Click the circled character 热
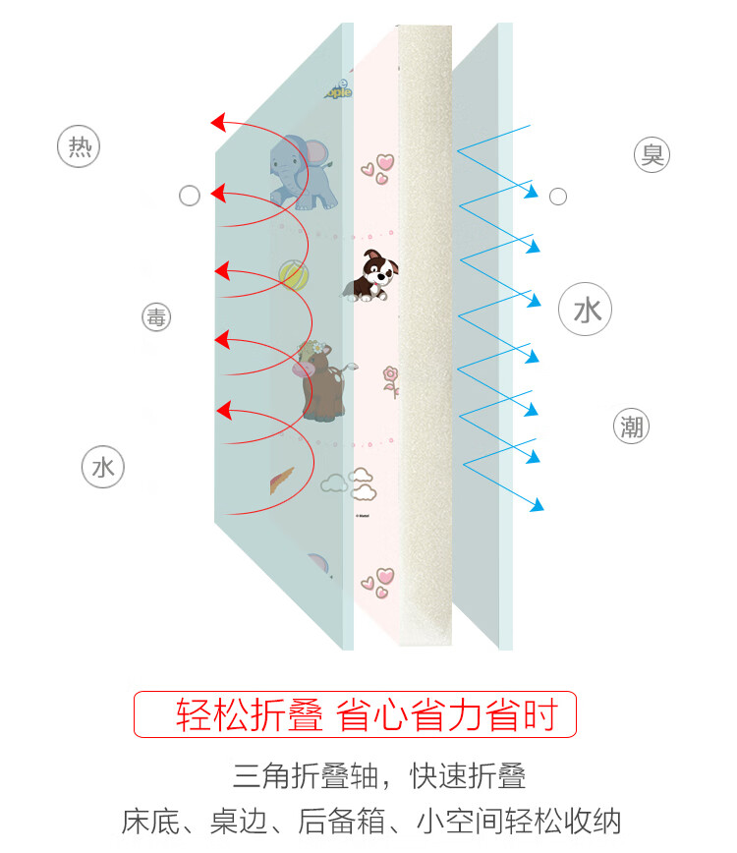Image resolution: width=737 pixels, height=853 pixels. pyautogui.click(x=80, y=147)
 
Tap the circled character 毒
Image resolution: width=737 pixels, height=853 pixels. pyautogui.click(x=156, y=317)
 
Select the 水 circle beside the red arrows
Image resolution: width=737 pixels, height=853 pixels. pyautogui.click(x=103, y=468)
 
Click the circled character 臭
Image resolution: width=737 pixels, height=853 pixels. pyautogui.click(x=652, y=154)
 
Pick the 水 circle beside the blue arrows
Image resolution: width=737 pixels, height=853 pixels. pyautogui.click(x=586, y=312)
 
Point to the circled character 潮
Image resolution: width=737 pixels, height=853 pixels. pyautogui.click(x=631, y=426)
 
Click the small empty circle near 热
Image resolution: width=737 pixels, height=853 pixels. pyautogui.click(x=190, y=197)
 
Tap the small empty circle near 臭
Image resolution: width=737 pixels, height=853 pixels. pyautogui.click(x=558, y=198)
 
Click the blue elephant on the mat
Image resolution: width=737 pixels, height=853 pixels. pyautogui.click(x=303, y=173)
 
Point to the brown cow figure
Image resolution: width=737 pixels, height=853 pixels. pyautogui.click(x=322, y=381)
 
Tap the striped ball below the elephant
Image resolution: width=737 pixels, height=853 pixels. pyautogui.click(x=293, y=274)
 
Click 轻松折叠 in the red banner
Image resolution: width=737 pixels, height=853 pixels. pyautogui.click(x=250, y=715)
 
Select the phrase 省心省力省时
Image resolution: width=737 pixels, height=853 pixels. pyautogui.click(x=447, y=715)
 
